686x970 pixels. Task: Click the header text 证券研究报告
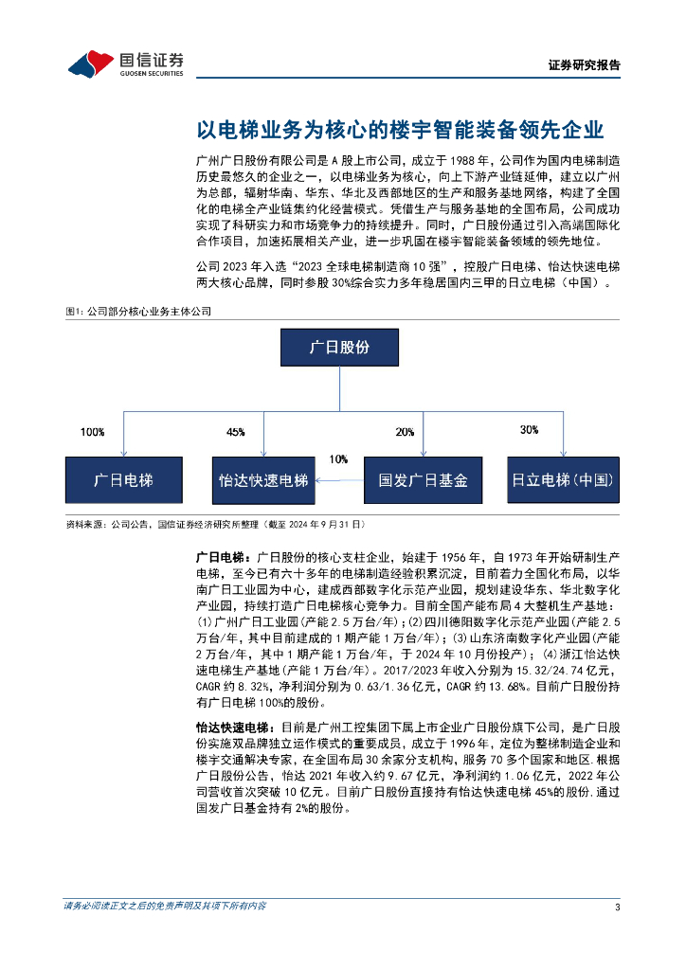click(585, 65)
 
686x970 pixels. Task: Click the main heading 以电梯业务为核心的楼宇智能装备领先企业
click(400, 130)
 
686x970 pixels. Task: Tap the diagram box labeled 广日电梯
click(123, 479)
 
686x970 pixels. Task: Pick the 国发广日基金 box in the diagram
click(423, 479)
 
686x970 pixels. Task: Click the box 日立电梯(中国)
click(563, 479)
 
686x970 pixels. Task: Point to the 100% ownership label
click(93, 432)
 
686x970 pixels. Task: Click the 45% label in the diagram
click(235, 432)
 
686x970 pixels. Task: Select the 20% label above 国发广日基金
click(405, 432)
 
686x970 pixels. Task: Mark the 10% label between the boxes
click(338, 458)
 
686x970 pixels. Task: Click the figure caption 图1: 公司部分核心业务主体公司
click(137, 311)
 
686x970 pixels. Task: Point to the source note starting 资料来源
click(213, 524)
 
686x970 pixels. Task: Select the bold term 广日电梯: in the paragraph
click(221, 554)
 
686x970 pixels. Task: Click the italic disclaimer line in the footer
click(164, 907)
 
